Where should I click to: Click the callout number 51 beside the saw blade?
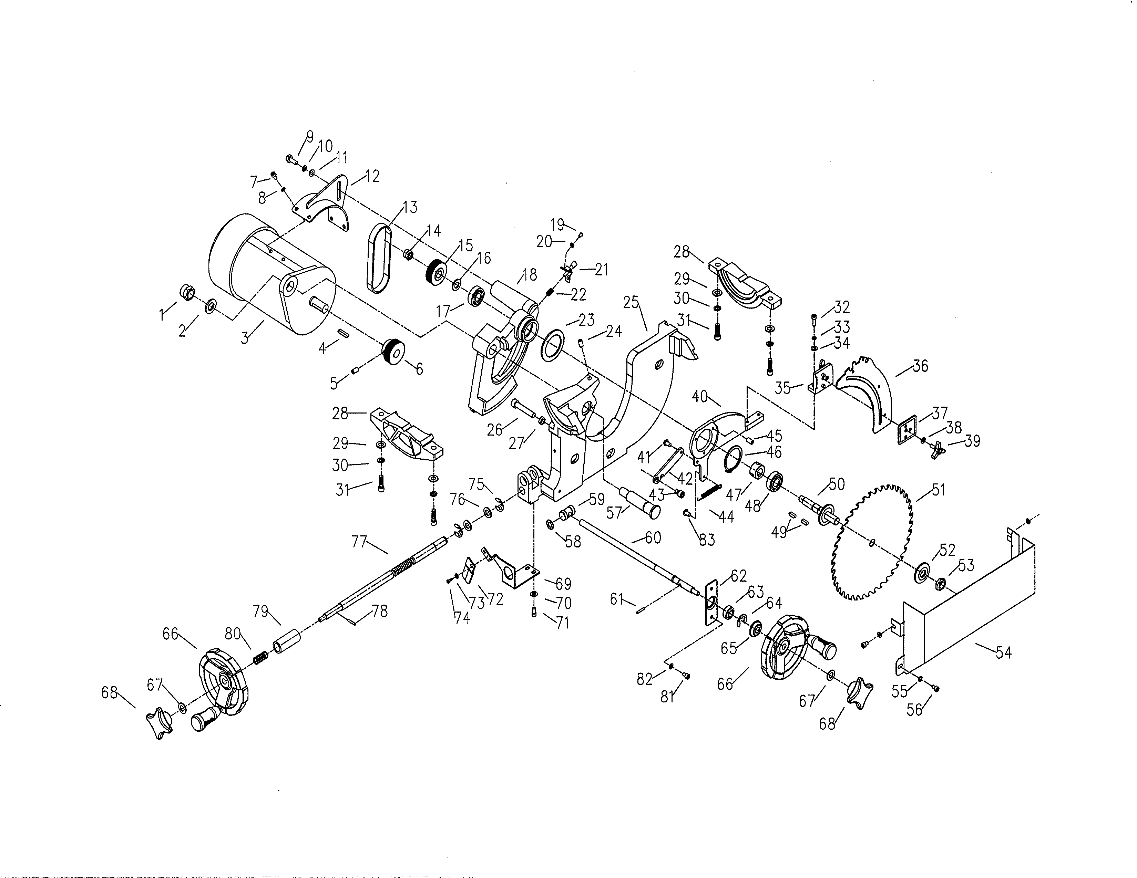tap(938, 490)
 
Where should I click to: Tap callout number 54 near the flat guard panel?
tap(1003, 652)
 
